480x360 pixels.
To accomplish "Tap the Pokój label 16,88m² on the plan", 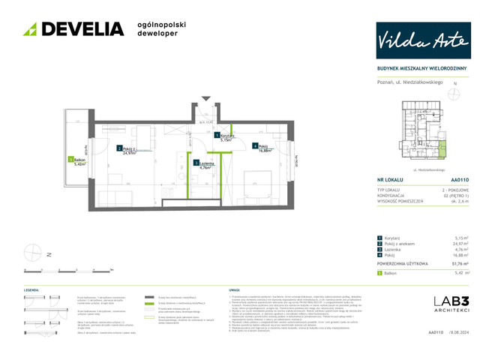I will coord(262,148).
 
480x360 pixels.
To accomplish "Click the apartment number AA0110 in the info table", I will coord(460,181).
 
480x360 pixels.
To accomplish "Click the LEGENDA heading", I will coord(31,289).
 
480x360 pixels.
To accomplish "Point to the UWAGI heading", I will coord(233,289).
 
